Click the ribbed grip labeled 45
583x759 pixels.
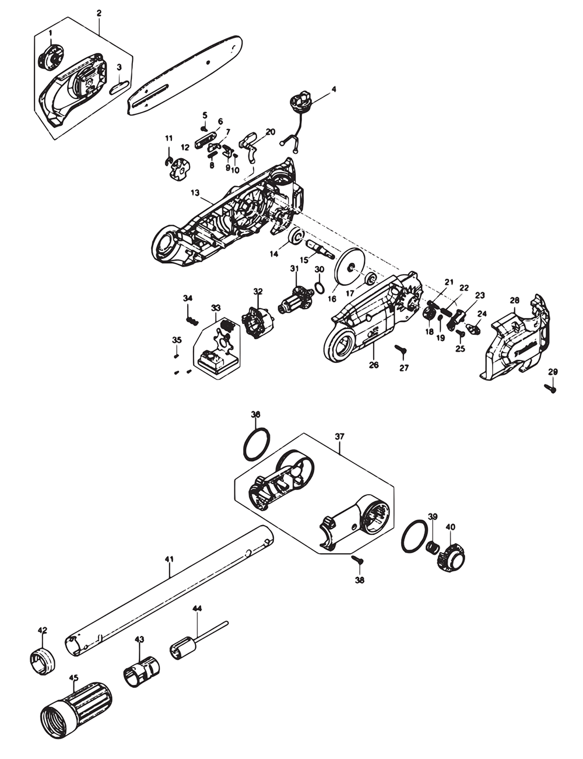coord(76,706)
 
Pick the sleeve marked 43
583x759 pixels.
coord(140,671)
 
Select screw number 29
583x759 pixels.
coord(550,386)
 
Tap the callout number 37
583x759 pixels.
coord(340,436)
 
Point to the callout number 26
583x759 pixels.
coord(374,365)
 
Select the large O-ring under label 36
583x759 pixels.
coord(256,445)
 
